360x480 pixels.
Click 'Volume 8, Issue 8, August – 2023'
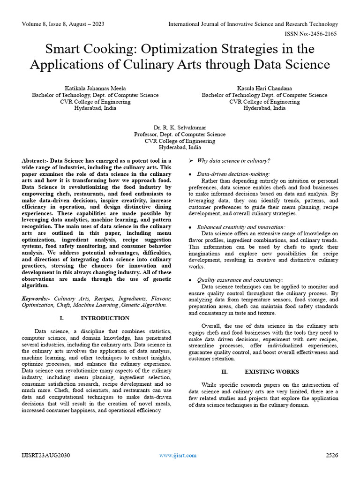63,24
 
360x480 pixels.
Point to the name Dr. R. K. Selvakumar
180,127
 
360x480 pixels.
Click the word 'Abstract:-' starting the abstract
35,161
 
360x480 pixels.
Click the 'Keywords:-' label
36,298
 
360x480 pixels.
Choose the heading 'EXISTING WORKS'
272,372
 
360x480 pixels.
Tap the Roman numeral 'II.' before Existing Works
225,372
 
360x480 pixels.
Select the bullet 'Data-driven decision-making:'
233,173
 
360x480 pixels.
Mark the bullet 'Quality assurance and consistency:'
240,280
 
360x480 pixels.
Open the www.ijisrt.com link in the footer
178,455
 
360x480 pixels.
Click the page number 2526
332,455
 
